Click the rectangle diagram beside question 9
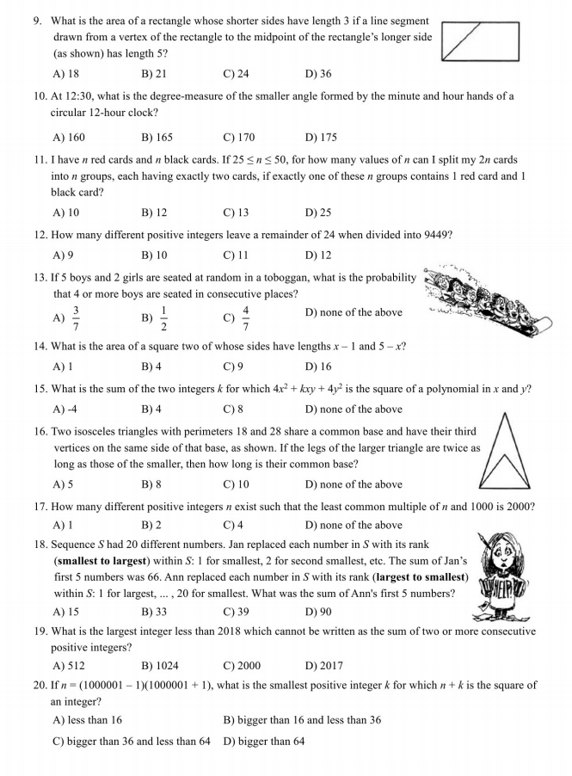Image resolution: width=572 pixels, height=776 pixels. click(x=480, y=41)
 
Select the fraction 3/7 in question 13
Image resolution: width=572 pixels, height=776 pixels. click(x=76, y=313)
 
